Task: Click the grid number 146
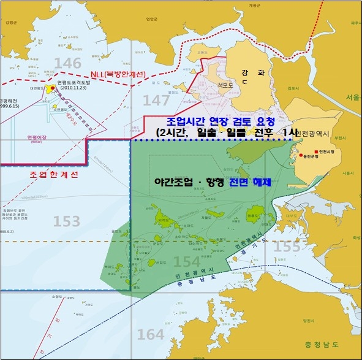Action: coord(67,63)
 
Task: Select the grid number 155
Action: coord(287,246)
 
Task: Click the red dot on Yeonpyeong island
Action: coord(53,88)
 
